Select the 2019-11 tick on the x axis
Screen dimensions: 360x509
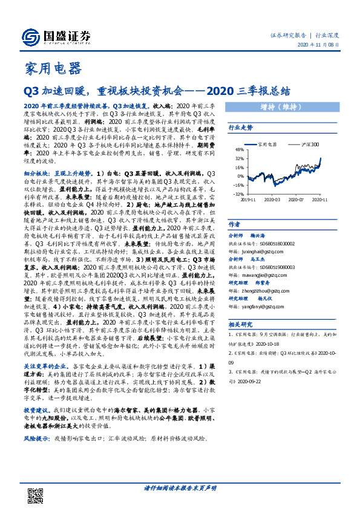point(248,199)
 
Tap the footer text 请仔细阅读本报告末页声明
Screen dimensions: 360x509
point(180,488)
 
